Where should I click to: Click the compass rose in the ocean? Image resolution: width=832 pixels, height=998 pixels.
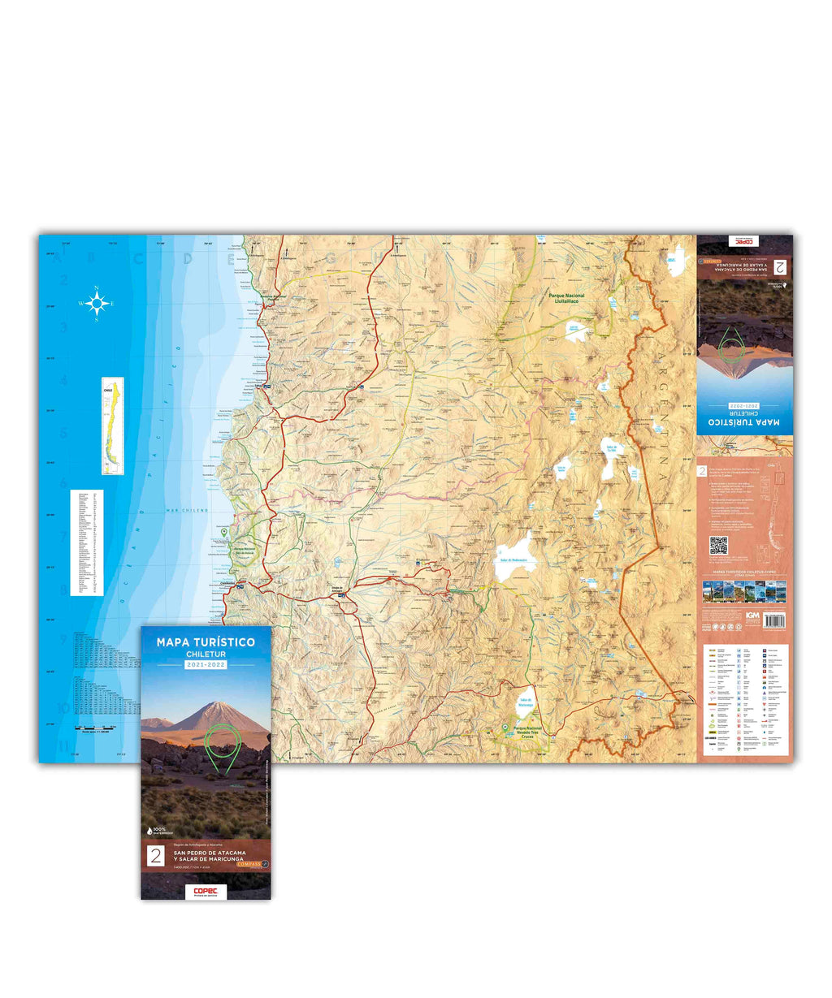[x=97, y=304]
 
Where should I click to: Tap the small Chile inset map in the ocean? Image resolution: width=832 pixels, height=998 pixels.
[x=111, y=426]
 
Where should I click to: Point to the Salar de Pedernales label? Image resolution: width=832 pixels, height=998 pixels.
[x=515, y=559]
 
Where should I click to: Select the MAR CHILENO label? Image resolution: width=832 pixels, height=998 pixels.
[x=188, y=510]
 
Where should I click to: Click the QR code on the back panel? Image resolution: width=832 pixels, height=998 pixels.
[x=717, y=545]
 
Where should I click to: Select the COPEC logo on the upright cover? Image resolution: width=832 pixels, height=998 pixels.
[x=205, y=890]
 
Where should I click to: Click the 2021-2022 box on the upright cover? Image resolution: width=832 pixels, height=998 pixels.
[x=206, y=664]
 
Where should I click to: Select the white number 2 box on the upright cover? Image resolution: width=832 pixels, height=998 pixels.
[x=154, y=855]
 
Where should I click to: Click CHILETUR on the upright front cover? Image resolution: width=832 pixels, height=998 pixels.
[x=206, y=654]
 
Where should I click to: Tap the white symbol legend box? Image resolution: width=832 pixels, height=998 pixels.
[x=744, y=698]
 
